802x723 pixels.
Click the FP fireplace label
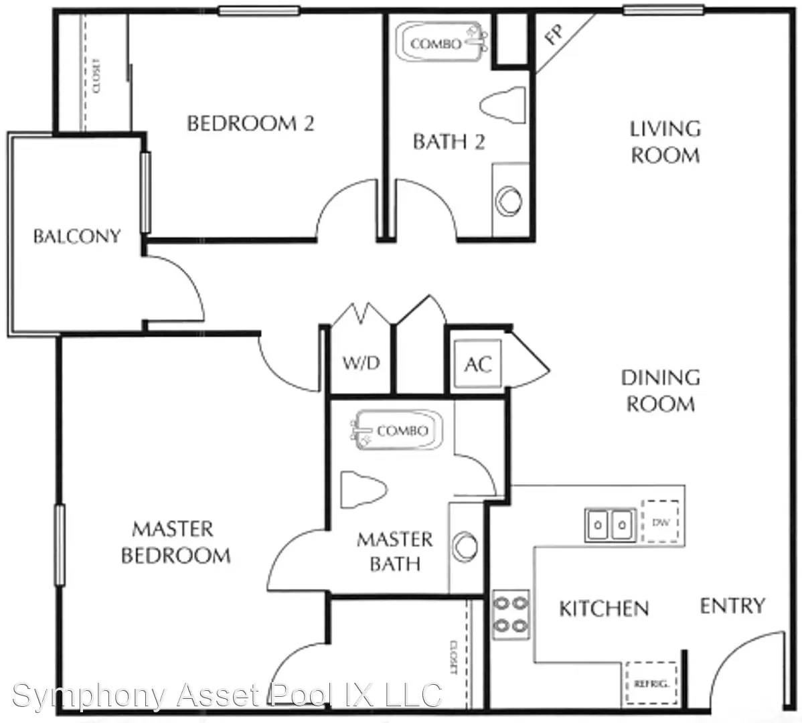coord(554,34)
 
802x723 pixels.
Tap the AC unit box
coord(478,364)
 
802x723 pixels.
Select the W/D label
coord(361,363)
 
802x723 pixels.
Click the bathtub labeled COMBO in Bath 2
coord(441,42)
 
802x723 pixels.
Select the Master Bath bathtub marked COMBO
coord(397,430)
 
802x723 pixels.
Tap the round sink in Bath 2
coord(508,201)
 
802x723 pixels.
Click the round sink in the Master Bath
coord(465,546)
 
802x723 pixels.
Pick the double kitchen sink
coord(610,525)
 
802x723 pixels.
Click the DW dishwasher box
coord(660,521)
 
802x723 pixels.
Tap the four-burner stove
coord(511,614)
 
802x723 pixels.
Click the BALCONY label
coord(77,236)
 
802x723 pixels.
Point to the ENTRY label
coord(732,606)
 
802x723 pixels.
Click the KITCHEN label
coord(604,609)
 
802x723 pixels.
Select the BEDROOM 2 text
coord(250,123)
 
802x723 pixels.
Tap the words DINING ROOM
coord(660,391)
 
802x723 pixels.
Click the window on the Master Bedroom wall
coord(60,544)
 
